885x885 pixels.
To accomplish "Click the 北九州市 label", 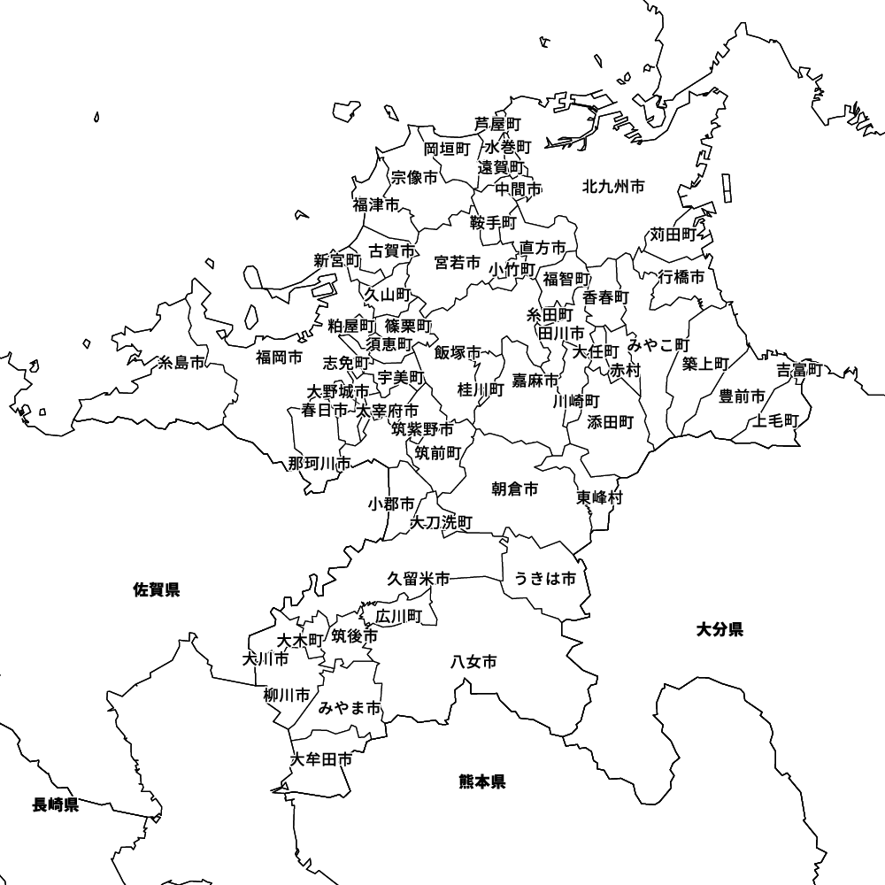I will pyautogui.click(x=613, y=187).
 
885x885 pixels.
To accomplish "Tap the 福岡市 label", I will pyautogui.click(x=279, y=358).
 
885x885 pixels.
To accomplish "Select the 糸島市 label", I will pyautogui.click(x=181, y=363).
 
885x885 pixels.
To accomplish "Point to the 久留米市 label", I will pyautogui.click(x=418, y=579).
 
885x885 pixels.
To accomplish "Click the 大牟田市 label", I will pyautogui.click(x=322, y=759).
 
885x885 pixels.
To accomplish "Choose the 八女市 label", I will pyautogui.click(x=473, y=661).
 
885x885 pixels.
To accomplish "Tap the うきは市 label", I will pyautogui.click(x=545, y=579).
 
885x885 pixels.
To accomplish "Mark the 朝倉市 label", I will pyautogui.click(x=514, y=489).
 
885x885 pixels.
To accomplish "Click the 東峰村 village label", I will pyautogui.click(x=600, y=497).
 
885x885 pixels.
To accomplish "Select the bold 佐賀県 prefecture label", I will pyautogui.click(x=157, y=589).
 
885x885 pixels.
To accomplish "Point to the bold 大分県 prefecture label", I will pyautogui.click(x=720, y=630).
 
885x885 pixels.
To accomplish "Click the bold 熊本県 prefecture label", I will pyautogui.click(x=482, y=781).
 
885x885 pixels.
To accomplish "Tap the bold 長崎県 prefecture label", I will pyautogui.click(x=56, y=804).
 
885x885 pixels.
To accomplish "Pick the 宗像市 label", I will pyautogui.click(x=414, y=178).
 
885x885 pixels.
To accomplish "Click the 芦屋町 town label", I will pyautogui.click(x=497, y=124).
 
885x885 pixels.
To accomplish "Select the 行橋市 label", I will pyautogui.click(x=681, y=277).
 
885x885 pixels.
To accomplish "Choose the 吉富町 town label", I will pyautogui.click(x=800, y=370).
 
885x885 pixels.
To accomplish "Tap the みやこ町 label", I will pyautogui.click(x=658, y=343).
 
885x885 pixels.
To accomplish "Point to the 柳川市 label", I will pyautogui.click(x=287, y=695).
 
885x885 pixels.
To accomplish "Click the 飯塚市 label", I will pyautogui.click(x=458, y=352).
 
